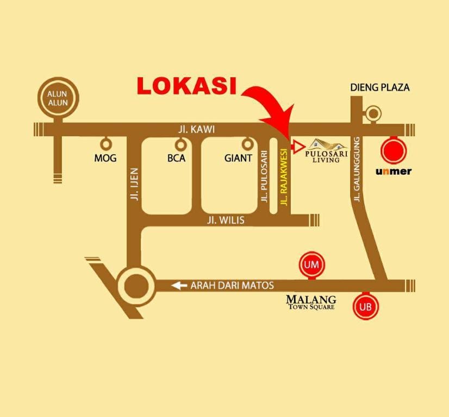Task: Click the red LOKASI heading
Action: (187, 85)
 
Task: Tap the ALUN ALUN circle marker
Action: (58, 98)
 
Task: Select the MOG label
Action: (105, 158)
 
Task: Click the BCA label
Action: (176, 158)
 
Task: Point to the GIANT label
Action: (238, 158)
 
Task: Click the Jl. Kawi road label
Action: (196, 129)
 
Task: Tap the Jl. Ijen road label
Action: (134, 184)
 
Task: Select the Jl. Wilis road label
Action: (226, 220)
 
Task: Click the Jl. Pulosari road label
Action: (264, 176)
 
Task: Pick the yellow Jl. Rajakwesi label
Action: (284, 177)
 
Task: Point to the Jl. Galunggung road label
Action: (357, 169)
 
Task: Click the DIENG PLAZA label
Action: (380, 87)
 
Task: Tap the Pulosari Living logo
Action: (326, 151)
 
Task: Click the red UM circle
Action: (311, 264)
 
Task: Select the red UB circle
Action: (366, 307)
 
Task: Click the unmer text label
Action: (394, 172)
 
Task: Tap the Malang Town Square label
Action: (311, 302)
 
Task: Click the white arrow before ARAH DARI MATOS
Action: (179, 285)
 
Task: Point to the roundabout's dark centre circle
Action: (136, 286)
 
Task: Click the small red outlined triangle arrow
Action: (298, 147)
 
